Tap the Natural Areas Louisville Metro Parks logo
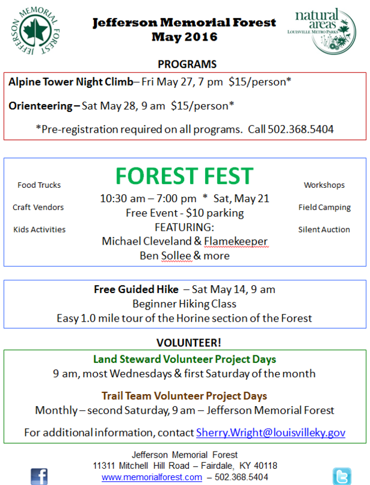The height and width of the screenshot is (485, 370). (324, 30)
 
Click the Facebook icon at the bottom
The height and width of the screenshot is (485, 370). (39, 476)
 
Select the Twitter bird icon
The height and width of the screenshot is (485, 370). (341, 476)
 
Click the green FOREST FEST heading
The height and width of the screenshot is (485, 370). (184, 176)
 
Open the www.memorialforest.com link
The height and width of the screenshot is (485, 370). (152, 477)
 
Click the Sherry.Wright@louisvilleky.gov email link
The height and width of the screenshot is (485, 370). (271, 432)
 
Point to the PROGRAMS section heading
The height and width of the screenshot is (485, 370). (187, 64)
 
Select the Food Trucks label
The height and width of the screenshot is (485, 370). (39, 185)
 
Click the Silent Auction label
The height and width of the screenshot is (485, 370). (324, 230)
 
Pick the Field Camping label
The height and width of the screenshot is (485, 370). (324, 208)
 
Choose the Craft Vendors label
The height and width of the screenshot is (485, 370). (38, 208)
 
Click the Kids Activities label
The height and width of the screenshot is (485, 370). (39, 230)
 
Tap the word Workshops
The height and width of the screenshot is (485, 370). (324, 185)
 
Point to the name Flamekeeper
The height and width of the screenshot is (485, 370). (236, 241)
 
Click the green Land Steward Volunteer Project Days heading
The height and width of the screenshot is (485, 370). (185, 359)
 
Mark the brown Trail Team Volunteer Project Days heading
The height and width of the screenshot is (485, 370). (185, 396)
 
